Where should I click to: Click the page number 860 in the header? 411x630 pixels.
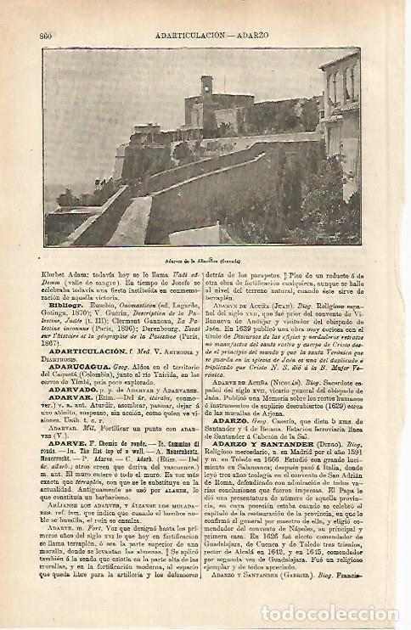[x=47, y=35]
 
